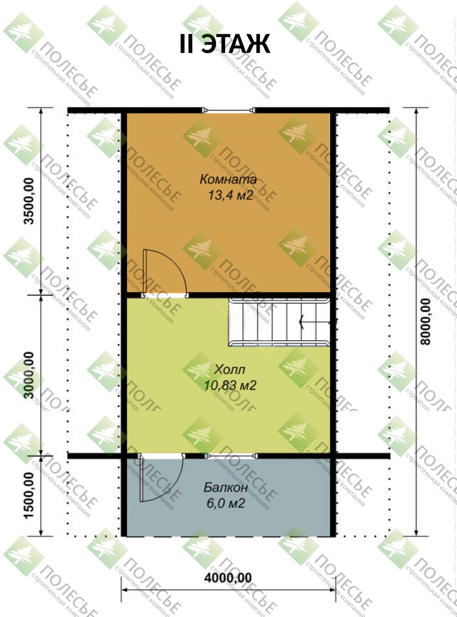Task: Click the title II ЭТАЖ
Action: click(x=225, y=44)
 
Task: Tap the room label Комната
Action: click(x=228, y=179)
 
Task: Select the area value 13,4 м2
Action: click(x=231, y=195)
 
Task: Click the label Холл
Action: click(x=230, y=370)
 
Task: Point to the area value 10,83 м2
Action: click(x=230, y=385)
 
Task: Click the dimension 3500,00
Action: click(x=29, y=201)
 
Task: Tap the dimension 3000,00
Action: click(x=29, y=375)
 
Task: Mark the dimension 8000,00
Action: click(x=425, y=322)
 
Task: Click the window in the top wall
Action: click(x=228, y=111)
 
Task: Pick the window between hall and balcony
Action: click(x=231, y=455)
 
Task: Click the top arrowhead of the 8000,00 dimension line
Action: click(x=416, y=112)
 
